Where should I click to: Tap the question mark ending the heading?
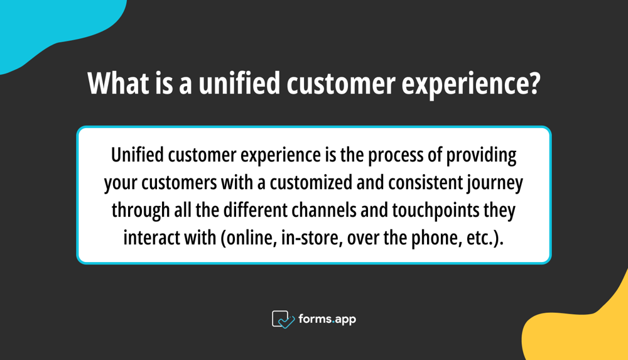point(534,83)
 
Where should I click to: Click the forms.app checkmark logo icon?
point(283,319)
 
